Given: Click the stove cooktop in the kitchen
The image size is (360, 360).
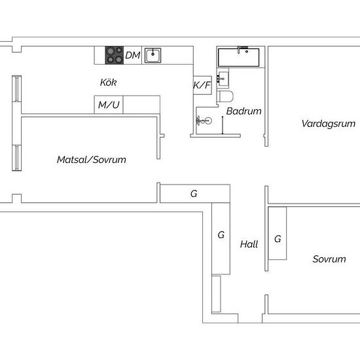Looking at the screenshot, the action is coord(115,55).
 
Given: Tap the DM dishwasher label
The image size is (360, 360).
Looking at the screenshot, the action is coord(133,56).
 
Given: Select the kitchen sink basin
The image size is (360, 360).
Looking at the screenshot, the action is coord(153,56).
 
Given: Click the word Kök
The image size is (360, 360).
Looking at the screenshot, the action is coord(108,82).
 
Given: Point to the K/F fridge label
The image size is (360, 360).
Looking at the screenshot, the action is coord(202,85).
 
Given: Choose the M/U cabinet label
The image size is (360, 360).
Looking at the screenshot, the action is coord(109,105).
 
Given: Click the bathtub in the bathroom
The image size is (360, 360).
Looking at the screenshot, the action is coord(238,57).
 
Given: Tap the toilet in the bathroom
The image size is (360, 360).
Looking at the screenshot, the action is coord(225,96).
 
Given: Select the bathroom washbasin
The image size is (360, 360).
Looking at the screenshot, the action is coord(223,79).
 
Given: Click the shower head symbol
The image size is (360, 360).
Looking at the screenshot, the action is coord(204,120).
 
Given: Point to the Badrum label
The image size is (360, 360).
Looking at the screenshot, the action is coord(244,111).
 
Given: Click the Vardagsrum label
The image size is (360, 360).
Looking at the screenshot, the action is coord(329,124).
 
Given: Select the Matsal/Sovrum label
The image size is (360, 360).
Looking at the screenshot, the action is coord(92,160).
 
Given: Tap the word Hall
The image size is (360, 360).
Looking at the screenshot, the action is coord(249,244).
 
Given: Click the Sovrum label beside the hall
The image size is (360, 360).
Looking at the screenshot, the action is coord(329,259).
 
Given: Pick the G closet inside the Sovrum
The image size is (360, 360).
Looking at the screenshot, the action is coord(278,233).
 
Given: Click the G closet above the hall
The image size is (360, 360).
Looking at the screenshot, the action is coord(195,194).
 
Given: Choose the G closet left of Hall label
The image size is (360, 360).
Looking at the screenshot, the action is coord(221,238).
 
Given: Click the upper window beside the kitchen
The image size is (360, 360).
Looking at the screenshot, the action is coord(17,88).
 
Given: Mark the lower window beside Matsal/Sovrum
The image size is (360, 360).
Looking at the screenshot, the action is coord(17,158).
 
